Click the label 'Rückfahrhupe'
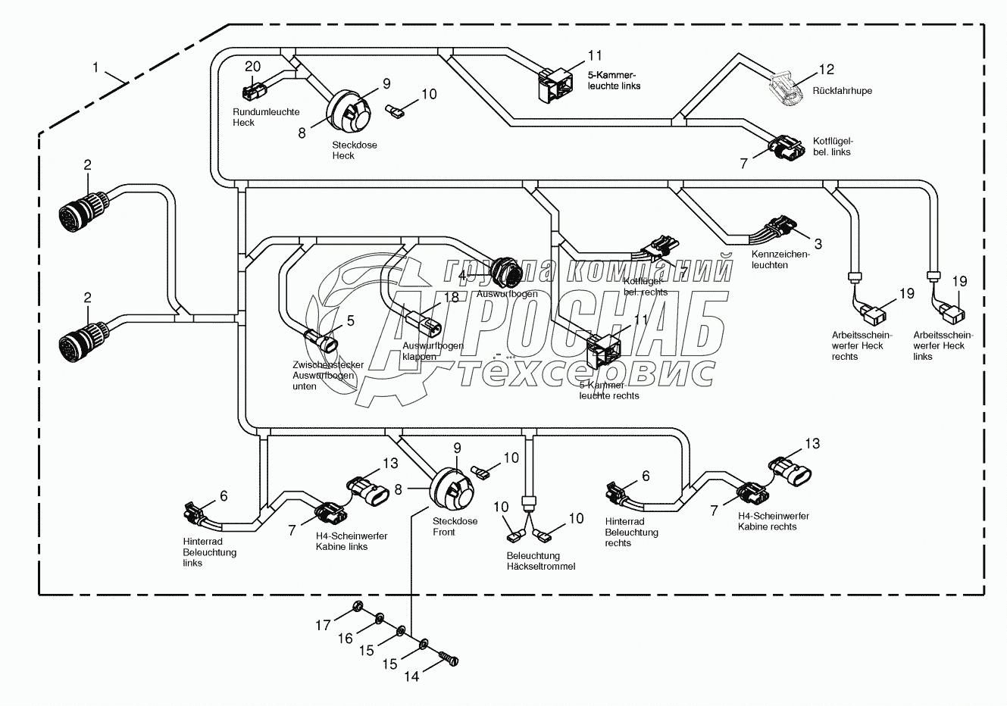pyautogui.click(x=842, y=91)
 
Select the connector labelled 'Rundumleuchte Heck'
pyautogui.click(x=252, y=92)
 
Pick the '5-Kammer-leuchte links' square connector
pyautogui.click(x=555, y=83)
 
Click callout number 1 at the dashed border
pyautogui.click(x=95, y=67)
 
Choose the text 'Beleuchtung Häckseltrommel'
pyautogui.click(x=541, y=561)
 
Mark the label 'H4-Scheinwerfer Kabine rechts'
pyautogui.click(x=773, y=521)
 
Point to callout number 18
pyautogui.click(x=452, y=297)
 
